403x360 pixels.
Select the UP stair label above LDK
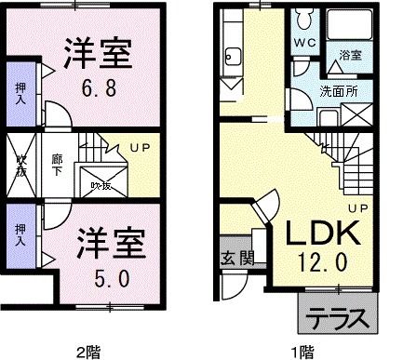coord(359,206)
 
